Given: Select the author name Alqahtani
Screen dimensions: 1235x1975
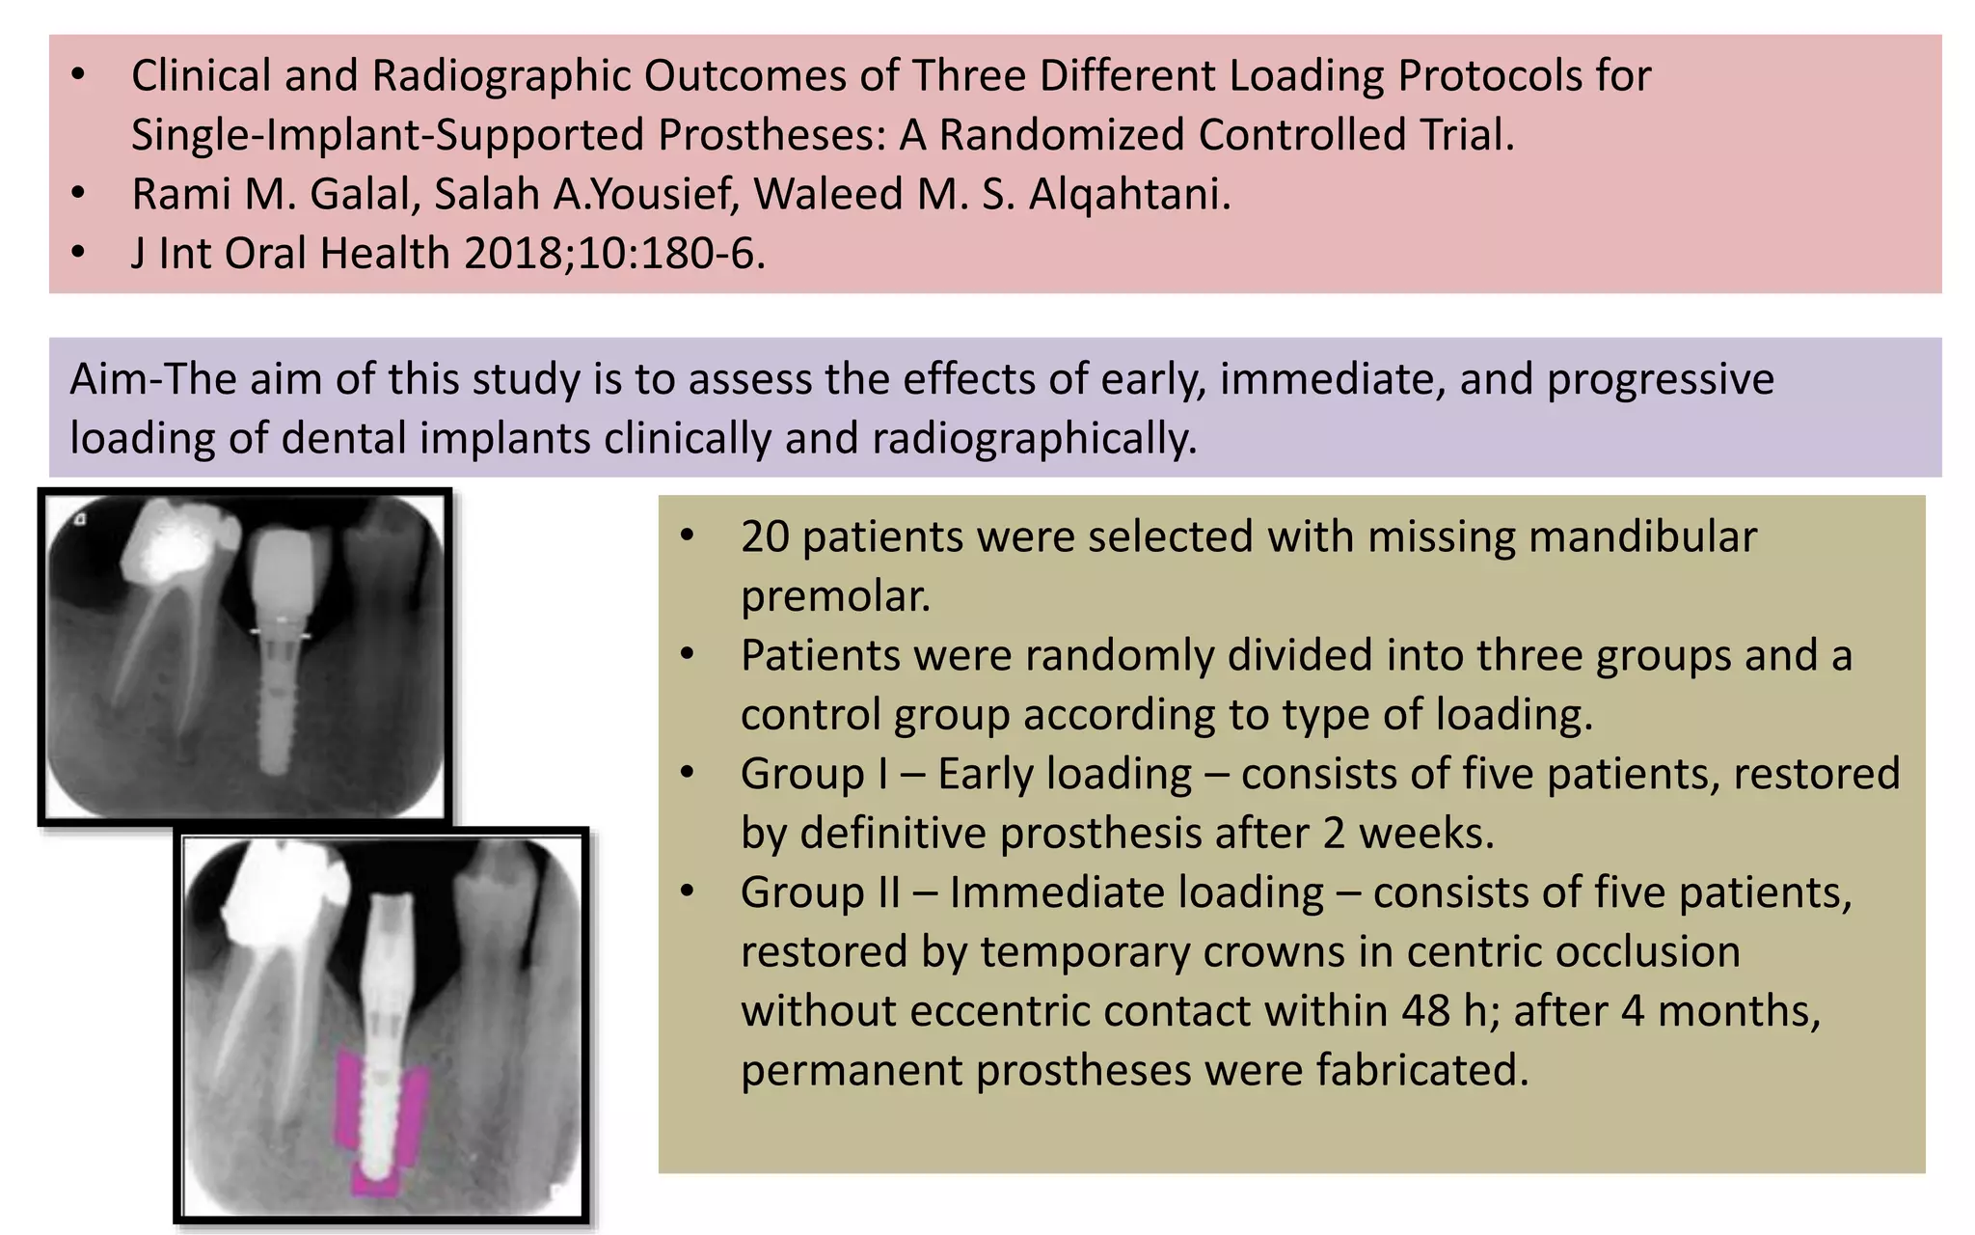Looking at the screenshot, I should tap(1129, 194).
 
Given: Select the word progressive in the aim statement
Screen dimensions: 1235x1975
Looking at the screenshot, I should tap(1660, 379).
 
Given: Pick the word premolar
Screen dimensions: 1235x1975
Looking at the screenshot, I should tap(835, 596).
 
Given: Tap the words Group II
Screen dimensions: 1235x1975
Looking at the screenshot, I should tap(821, 892).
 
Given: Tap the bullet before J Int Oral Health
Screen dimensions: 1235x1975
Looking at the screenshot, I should tap(79, 253).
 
